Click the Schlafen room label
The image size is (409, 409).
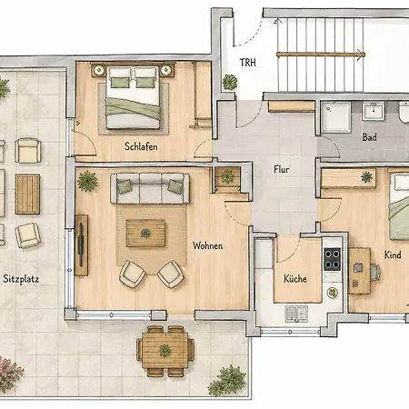[x=141, y=146]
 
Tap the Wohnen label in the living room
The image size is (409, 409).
[x=208, y=245]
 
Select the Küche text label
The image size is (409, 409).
[x=295, y=278]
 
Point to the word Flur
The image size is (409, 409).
[x=282, y=169]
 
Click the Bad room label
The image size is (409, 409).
[x=370, y=137]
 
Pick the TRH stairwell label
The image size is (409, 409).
[x=248, y=63]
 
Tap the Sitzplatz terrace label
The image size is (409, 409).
[x=21, y=279]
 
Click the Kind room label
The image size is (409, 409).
[x=393, y=254]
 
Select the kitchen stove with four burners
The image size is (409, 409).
[x=333, y=259]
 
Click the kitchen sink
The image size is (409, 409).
[x=296, y=314]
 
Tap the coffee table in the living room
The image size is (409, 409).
[x=145, y=234]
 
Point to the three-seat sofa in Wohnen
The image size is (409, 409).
[x=150, y=188]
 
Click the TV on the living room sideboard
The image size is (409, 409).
[x=81, y=244]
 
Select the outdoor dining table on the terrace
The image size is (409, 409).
[x=165, y=351]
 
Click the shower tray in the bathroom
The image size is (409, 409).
[x=336, y=117]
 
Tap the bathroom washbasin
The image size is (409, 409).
[x=374, y=111]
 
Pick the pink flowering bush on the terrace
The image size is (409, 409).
[x=10, y=374]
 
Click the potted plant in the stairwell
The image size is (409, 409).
[x=230, y=82]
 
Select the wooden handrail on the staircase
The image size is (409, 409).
[x=321, y=55]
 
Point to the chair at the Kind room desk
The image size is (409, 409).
[x=375, y=273]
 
